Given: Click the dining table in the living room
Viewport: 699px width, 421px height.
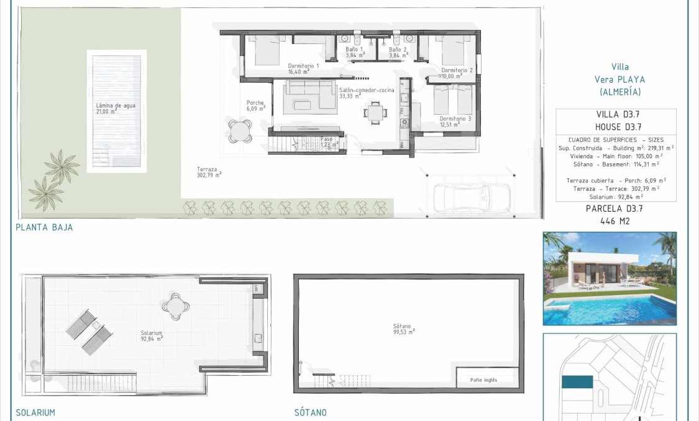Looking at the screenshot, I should point(375,113).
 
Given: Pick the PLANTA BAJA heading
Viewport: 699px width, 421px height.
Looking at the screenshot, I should point(44,227).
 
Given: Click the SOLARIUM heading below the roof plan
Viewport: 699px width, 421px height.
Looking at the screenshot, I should point(35,412).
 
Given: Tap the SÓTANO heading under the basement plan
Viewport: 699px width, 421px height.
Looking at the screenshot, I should point(311,412).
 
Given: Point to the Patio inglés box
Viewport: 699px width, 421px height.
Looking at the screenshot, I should point(485,379).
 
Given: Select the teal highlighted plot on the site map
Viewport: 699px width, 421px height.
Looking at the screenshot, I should point(577,383).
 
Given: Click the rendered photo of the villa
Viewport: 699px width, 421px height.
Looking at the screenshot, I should point(610,279).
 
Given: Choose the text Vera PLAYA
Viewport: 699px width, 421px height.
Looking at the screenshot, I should point(619,79).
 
